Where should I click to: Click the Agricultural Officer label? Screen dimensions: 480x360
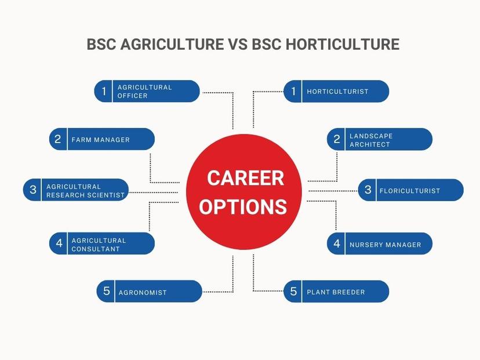144,91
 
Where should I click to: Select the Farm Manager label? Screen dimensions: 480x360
101,140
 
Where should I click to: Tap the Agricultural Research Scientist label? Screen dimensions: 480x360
85,191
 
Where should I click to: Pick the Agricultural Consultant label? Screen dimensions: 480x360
99,245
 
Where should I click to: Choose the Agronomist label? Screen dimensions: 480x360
143,292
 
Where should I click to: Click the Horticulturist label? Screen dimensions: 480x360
337,91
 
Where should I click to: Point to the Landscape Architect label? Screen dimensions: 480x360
371,140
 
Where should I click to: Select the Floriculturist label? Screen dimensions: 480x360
410,191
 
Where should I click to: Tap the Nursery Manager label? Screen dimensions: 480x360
386,245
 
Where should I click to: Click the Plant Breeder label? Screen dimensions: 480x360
336,292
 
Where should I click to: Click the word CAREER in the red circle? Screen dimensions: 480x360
246,178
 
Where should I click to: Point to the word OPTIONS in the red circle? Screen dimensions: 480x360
243,206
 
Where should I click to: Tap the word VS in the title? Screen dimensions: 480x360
238,44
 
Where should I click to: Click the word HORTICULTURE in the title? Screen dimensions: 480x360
343,44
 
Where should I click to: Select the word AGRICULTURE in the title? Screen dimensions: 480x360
172,44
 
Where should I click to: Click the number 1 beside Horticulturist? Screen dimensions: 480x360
293,91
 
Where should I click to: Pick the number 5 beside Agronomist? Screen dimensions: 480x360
107,291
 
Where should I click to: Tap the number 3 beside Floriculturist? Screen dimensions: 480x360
368,190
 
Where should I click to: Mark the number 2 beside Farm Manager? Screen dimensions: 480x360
57,139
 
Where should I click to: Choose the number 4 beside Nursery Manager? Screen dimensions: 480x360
337,243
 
